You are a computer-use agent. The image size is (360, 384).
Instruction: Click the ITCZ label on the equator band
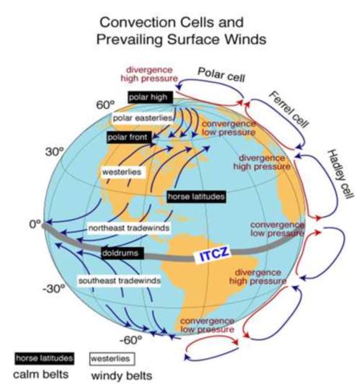pos(212,255)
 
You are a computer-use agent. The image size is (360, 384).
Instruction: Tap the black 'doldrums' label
pos(122,253)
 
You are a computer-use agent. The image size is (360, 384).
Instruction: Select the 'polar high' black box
pos(150,97)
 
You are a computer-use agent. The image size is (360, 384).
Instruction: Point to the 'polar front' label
pos(130,138)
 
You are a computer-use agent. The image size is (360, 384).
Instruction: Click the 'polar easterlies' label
pos(143,118)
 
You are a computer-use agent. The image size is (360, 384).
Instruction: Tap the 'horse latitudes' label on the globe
pos(197,197)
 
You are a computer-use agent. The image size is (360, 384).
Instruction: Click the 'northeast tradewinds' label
pos(129,228)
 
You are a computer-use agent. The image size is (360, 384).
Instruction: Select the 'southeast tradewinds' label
pos(120,280)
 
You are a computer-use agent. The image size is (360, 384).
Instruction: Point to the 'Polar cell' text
pos(221,74)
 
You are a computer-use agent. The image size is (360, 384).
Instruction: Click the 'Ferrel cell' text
pos(288,109)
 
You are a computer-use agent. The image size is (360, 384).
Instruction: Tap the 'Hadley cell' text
pos(341,174)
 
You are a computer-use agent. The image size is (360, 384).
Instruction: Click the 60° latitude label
pos(105,105)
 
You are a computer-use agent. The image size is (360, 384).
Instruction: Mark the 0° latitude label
pos(35,224)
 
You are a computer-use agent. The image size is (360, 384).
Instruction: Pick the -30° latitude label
pos(54,289)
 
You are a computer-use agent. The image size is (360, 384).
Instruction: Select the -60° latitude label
pos(131,340)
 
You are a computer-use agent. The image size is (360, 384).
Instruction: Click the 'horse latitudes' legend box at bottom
pos(45,359)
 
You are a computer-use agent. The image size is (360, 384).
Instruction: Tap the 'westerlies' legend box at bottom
pos(112,359)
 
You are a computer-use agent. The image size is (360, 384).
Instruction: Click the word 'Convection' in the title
pos(138,22)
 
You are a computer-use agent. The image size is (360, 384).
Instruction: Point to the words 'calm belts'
pos(40,375)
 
